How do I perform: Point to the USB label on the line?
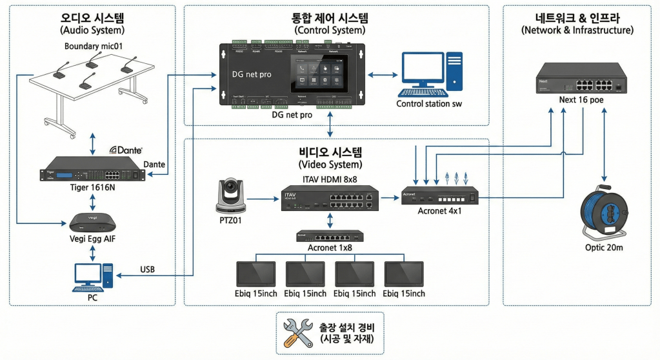[x=146, y=269]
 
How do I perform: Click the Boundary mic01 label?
[x=94, y=46]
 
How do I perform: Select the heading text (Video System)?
[x=330, y=166]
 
